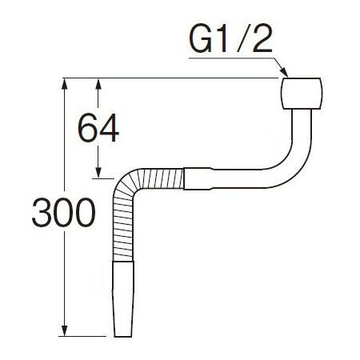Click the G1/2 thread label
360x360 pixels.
(x=230, y=40)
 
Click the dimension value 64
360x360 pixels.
(x=98, y=128)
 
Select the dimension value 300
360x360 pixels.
(x=63, y=213)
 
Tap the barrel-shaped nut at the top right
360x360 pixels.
(x=302, y=94)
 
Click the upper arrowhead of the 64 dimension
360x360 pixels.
(x=98, y=84)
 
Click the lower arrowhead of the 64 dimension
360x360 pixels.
(x=98, y=172)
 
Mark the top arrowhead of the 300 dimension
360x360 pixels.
(x=64, y=84)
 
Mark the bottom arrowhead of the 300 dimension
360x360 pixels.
(x=64, y=330)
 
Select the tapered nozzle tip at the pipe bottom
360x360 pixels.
(x=123, y=299)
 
